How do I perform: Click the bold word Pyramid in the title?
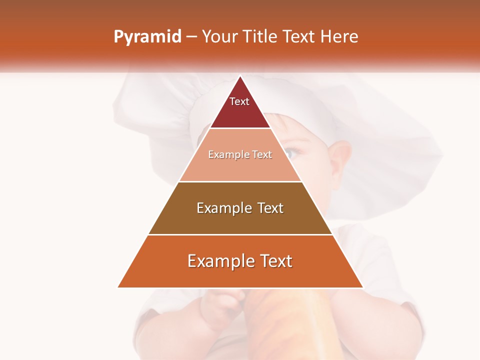click(147, 37)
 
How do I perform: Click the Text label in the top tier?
click(239, 101)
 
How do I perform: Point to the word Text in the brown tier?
click(270, 208)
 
